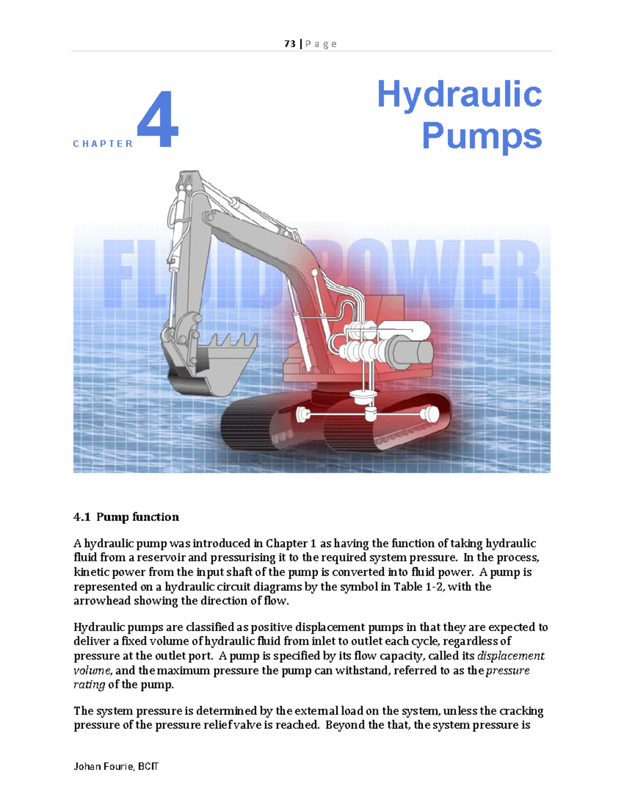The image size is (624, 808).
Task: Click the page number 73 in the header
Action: click(x=290, y=44)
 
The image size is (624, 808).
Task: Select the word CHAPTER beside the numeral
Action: click(x=103, y=144)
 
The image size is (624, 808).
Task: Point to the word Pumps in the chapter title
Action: click(x=482, y=136)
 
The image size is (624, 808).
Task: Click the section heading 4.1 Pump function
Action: click(x=126, y=517)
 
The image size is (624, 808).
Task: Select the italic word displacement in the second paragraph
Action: click(x=511, y=656)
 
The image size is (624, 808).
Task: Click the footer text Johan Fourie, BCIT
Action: click(x=116, y=766)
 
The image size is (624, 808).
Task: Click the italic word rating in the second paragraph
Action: click(x=89, y=685)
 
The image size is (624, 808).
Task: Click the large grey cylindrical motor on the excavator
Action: click(x=411, y=351)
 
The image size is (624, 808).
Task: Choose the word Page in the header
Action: click(x=321, y=44)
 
